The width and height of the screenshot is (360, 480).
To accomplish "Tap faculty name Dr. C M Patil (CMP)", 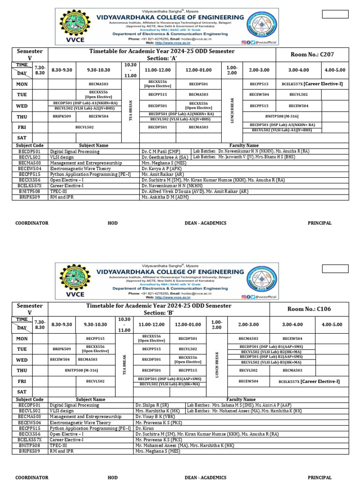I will (160, 152).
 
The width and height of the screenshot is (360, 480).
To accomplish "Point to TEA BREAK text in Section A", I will (131, 110).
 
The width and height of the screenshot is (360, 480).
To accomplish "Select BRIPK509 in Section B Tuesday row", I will (62, 349).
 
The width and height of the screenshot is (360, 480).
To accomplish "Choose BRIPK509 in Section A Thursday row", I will (62, 116).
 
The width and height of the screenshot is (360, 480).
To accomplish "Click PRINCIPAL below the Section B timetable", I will (319, 477).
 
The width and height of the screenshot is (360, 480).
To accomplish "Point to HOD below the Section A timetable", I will (112, 223).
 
